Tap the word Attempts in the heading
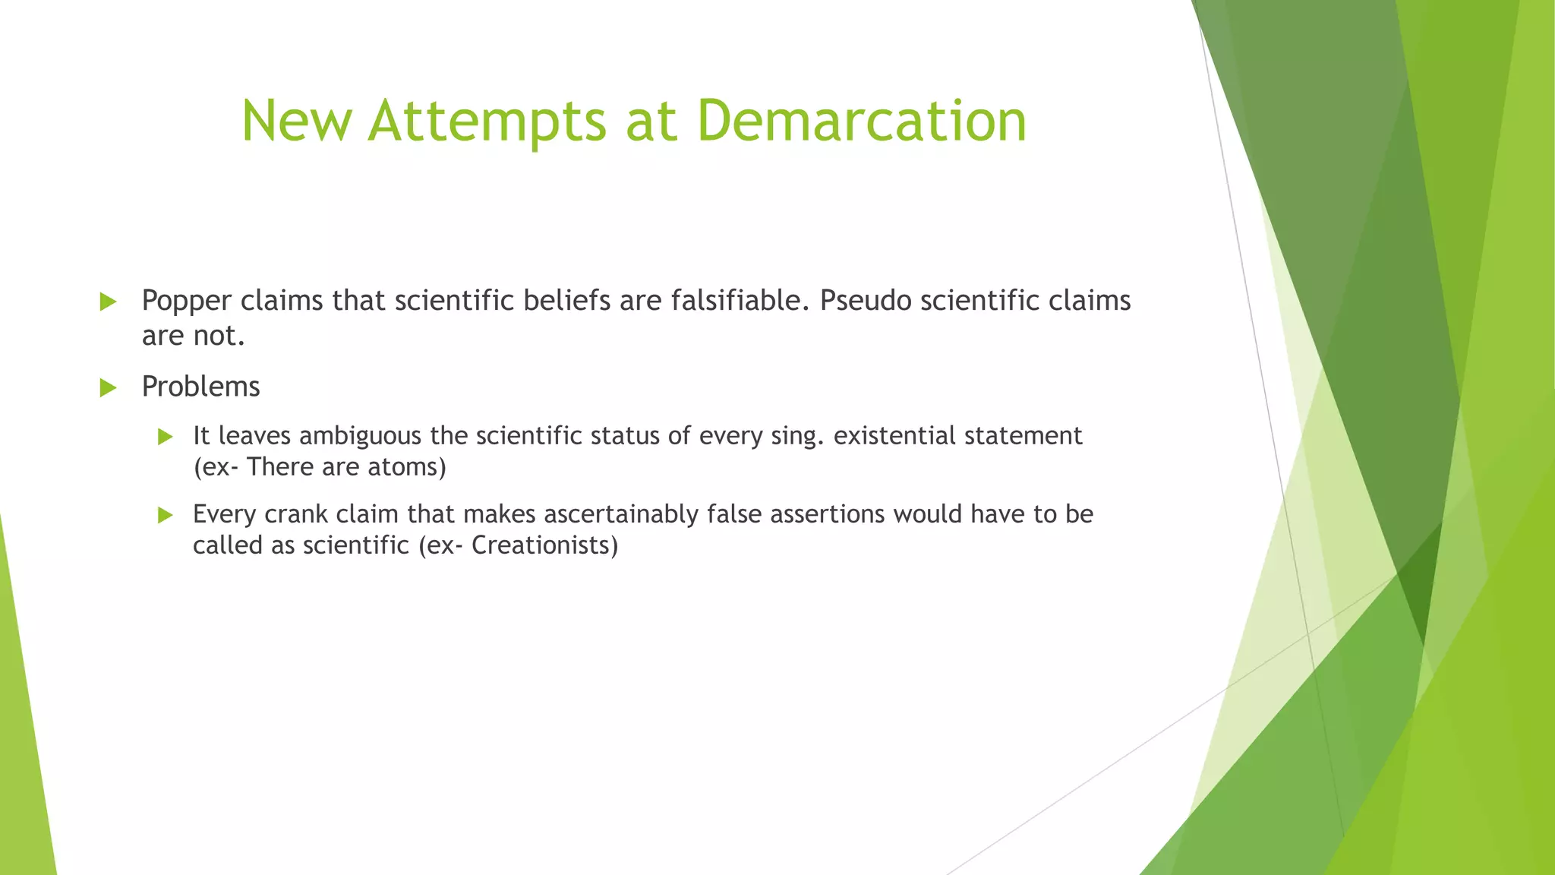coord(487,122)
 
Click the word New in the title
coord(297,122)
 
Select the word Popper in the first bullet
coord(186,302)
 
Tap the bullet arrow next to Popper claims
coord(108,302)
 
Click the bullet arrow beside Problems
coord(108,388)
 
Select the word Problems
coord(200,387)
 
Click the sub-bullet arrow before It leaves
coord(166,437)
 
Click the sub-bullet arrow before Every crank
coord(166,516)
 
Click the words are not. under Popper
coord(193,336)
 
